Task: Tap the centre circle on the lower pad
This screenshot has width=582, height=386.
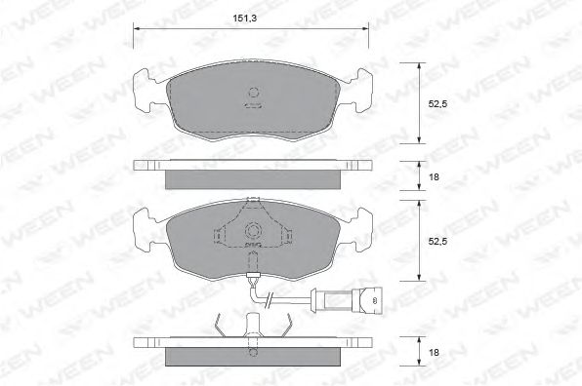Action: (253, 231)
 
